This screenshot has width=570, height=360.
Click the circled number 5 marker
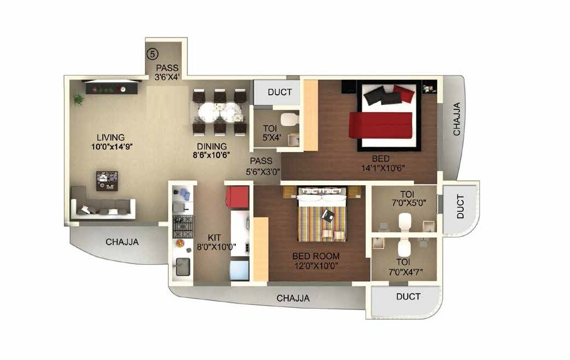pyautogui.click(x=154, y=54)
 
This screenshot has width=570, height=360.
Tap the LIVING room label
pyautogui.click(x=111, y=137)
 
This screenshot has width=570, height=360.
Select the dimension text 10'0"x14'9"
pyautogui.click(x=113, y=147)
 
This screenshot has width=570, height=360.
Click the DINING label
pyautogui.click(x=212, y=146)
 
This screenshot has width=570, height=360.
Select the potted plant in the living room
pyautogui.click(x=79, y=99)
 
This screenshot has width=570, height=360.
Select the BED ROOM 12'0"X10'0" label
pyautogui.click(x=316, y=260)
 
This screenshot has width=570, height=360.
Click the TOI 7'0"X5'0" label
pyautogui.click(x=406, y=197)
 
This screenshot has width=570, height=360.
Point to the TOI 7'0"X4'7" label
pyautogui.click(x=403, y=266)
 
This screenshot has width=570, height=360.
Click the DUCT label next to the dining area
pyautogui.click(x=279, y=92)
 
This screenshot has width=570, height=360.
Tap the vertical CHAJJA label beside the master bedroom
pyautogui.click(x=457, y=119)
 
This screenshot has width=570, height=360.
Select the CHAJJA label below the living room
pyautogui.click(x=122, y=242)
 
